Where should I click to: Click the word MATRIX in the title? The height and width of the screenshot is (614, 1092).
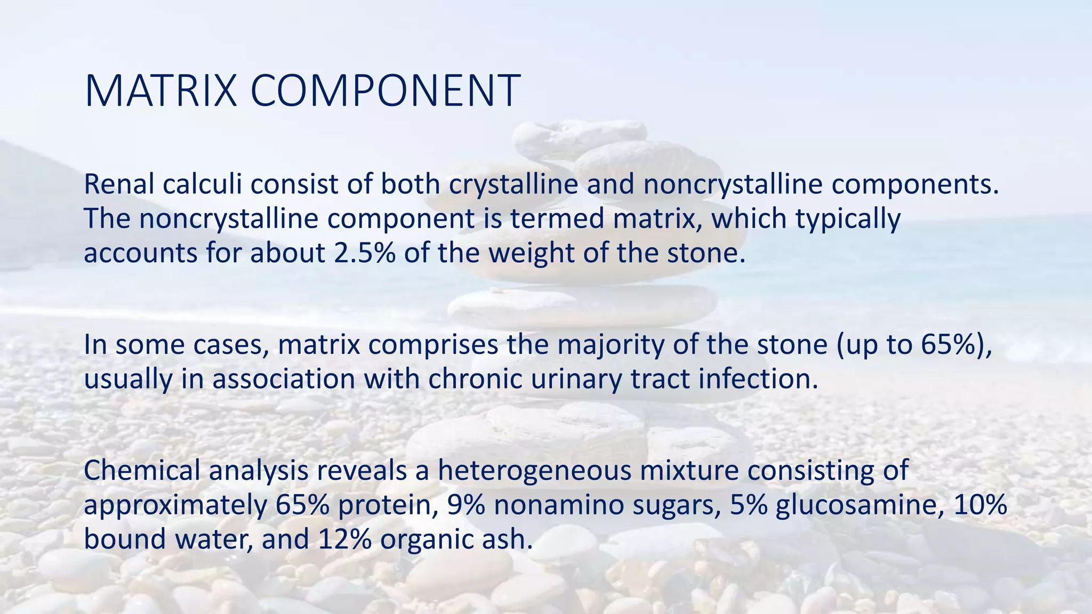pos(160,91)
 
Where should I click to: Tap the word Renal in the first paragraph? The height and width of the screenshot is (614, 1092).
pos(119,184)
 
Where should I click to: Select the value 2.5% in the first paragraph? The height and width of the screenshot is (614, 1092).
pos(365,253)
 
